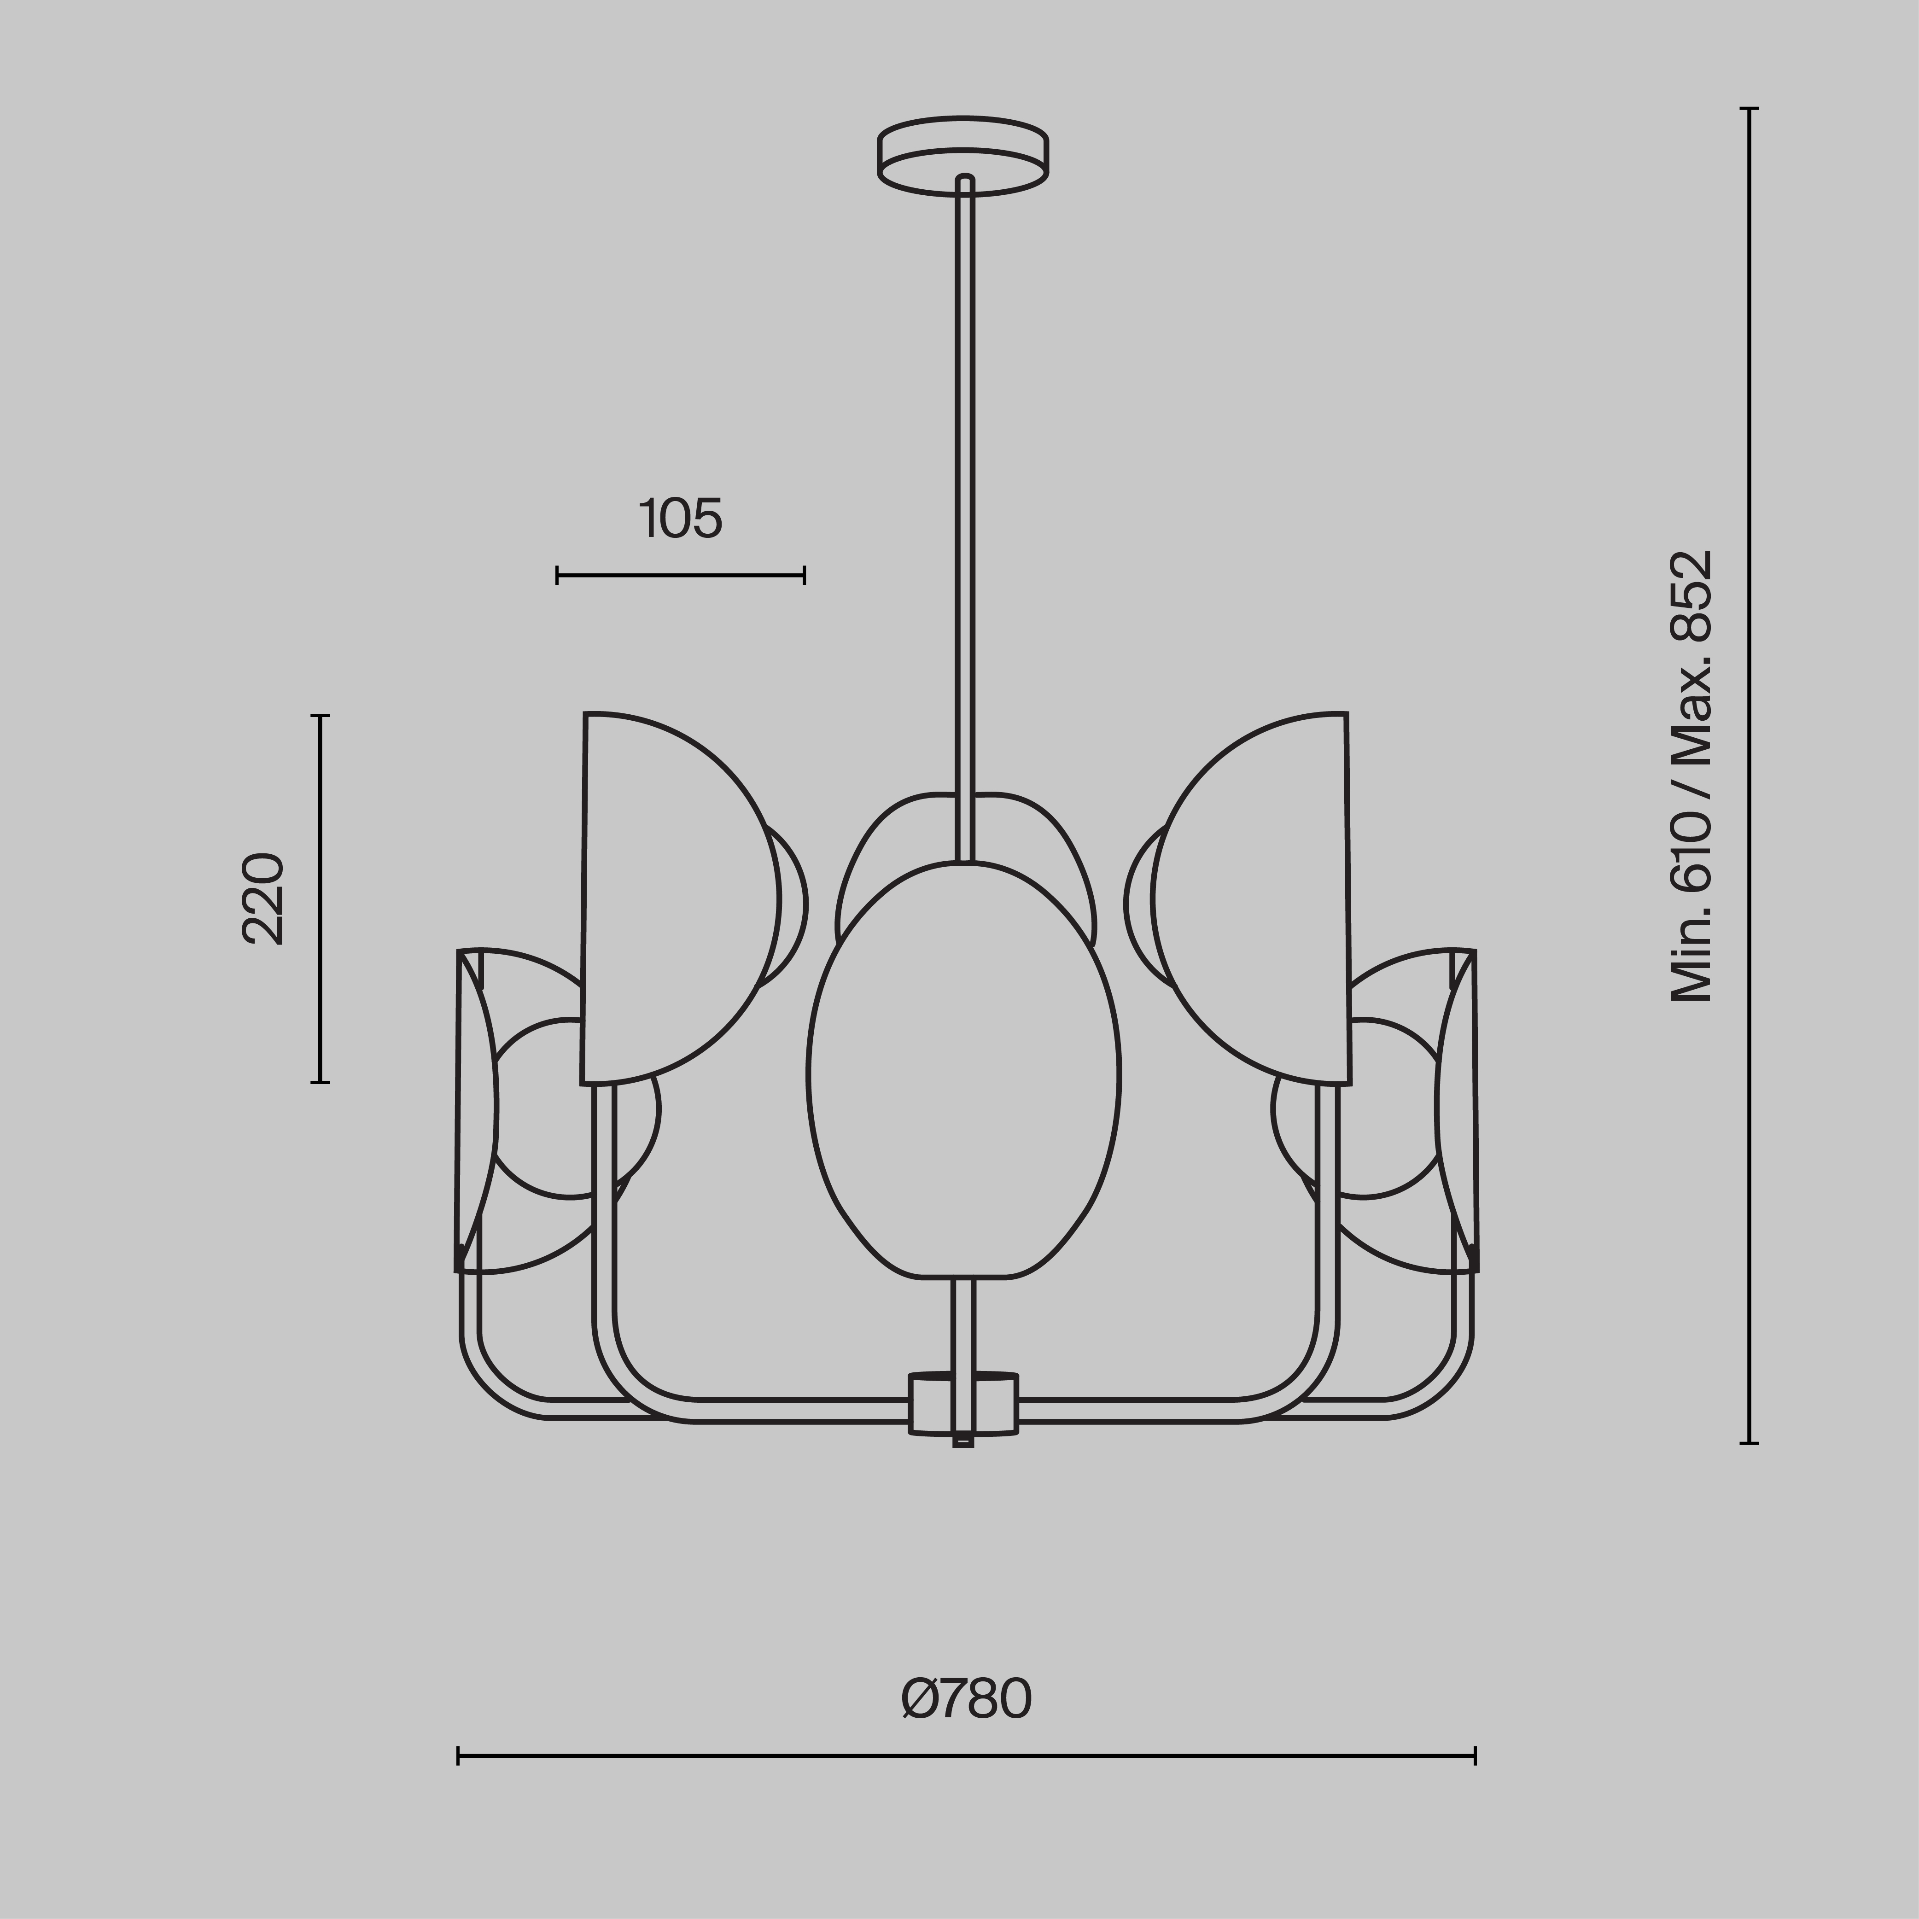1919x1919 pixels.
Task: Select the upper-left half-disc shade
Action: click(x=676, y=899)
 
